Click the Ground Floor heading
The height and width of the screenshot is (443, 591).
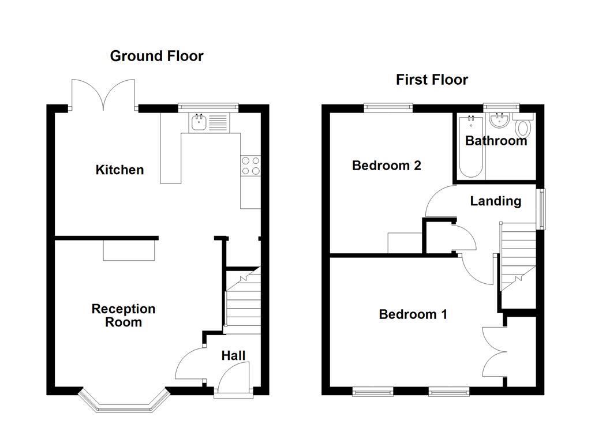pyautogui.click(x=156, y=56)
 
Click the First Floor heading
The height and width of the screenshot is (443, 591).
pyautogui.click(x=432, y=80)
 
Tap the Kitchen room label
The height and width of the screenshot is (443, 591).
pyautogui.click(x=119, y=170)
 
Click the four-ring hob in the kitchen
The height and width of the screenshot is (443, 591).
pyautogui.click(x=250, y=166)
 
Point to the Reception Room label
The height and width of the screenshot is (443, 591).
pyautogui.click(x=124, y=316)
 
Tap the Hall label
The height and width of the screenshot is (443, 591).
pyautogui.click(x=233, y=355)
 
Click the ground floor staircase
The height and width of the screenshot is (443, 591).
pyautogui.click(x=242, y=303)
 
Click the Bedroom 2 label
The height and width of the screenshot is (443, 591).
pyautogui.click(x=387, y=166)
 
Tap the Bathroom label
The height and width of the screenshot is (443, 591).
pyautogui.click(x=496, y=141)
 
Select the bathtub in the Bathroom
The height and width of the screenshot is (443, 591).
pyautogui.click(x=471, y=146)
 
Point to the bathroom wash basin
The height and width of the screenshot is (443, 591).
pyautogui.click(x=498, y=122)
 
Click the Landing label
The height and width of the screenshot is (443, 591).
pyautogui.click(x=495, y=201)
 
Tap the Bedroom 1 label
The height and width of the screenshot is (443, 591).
pyautogui.click(x=413, y=314)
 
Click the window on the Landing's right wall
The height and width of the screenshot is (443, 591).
pyautogui.click(x=541, y=208)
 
